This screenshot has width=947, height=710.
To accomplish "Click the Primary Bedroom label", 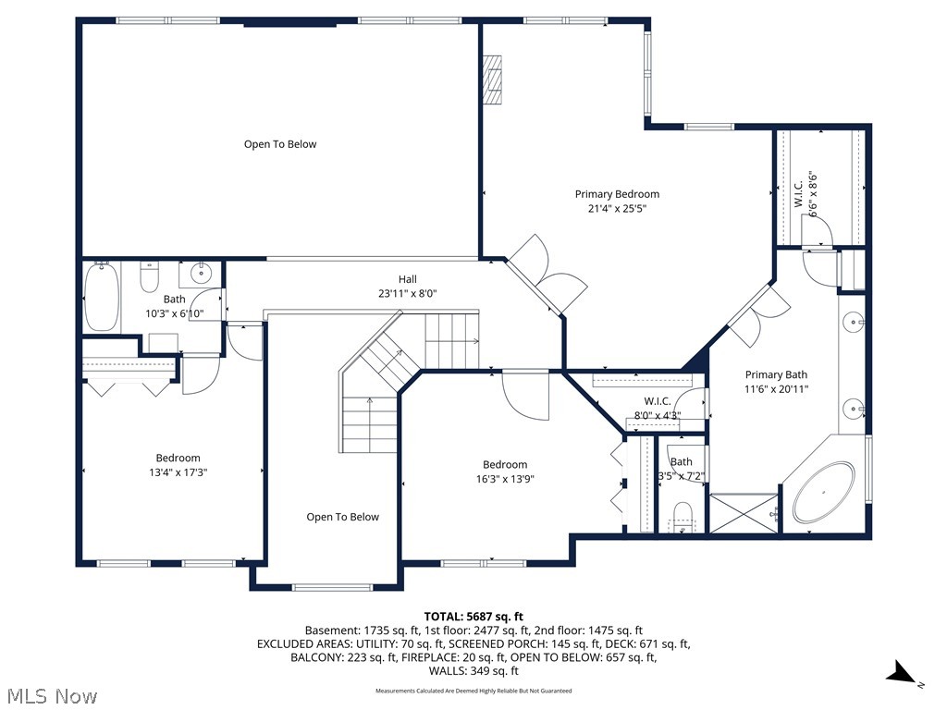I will click(x=617, y=194).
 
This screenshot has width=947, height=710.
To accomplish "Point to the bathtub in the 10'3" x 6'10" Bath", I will click(x=102, y=296).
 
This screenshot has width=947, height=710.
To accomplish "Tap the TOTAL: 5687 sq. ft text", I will click(x=473, y=617).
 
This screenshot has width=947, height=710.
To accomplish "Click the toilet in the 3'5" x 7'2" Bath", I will click(x=683, y=514).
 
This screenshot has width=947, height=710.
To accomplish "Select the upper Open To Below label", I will click(x=280, y=144).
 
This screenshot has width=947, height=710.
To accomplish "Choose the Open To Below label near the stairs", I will click(x=342, y=517).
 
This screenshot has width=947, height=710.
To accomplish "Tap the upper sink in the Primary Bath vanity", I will click(x=853, y=323).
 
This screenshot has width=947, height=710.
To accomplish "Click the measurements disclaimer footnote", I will click(x=473, y=691).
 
